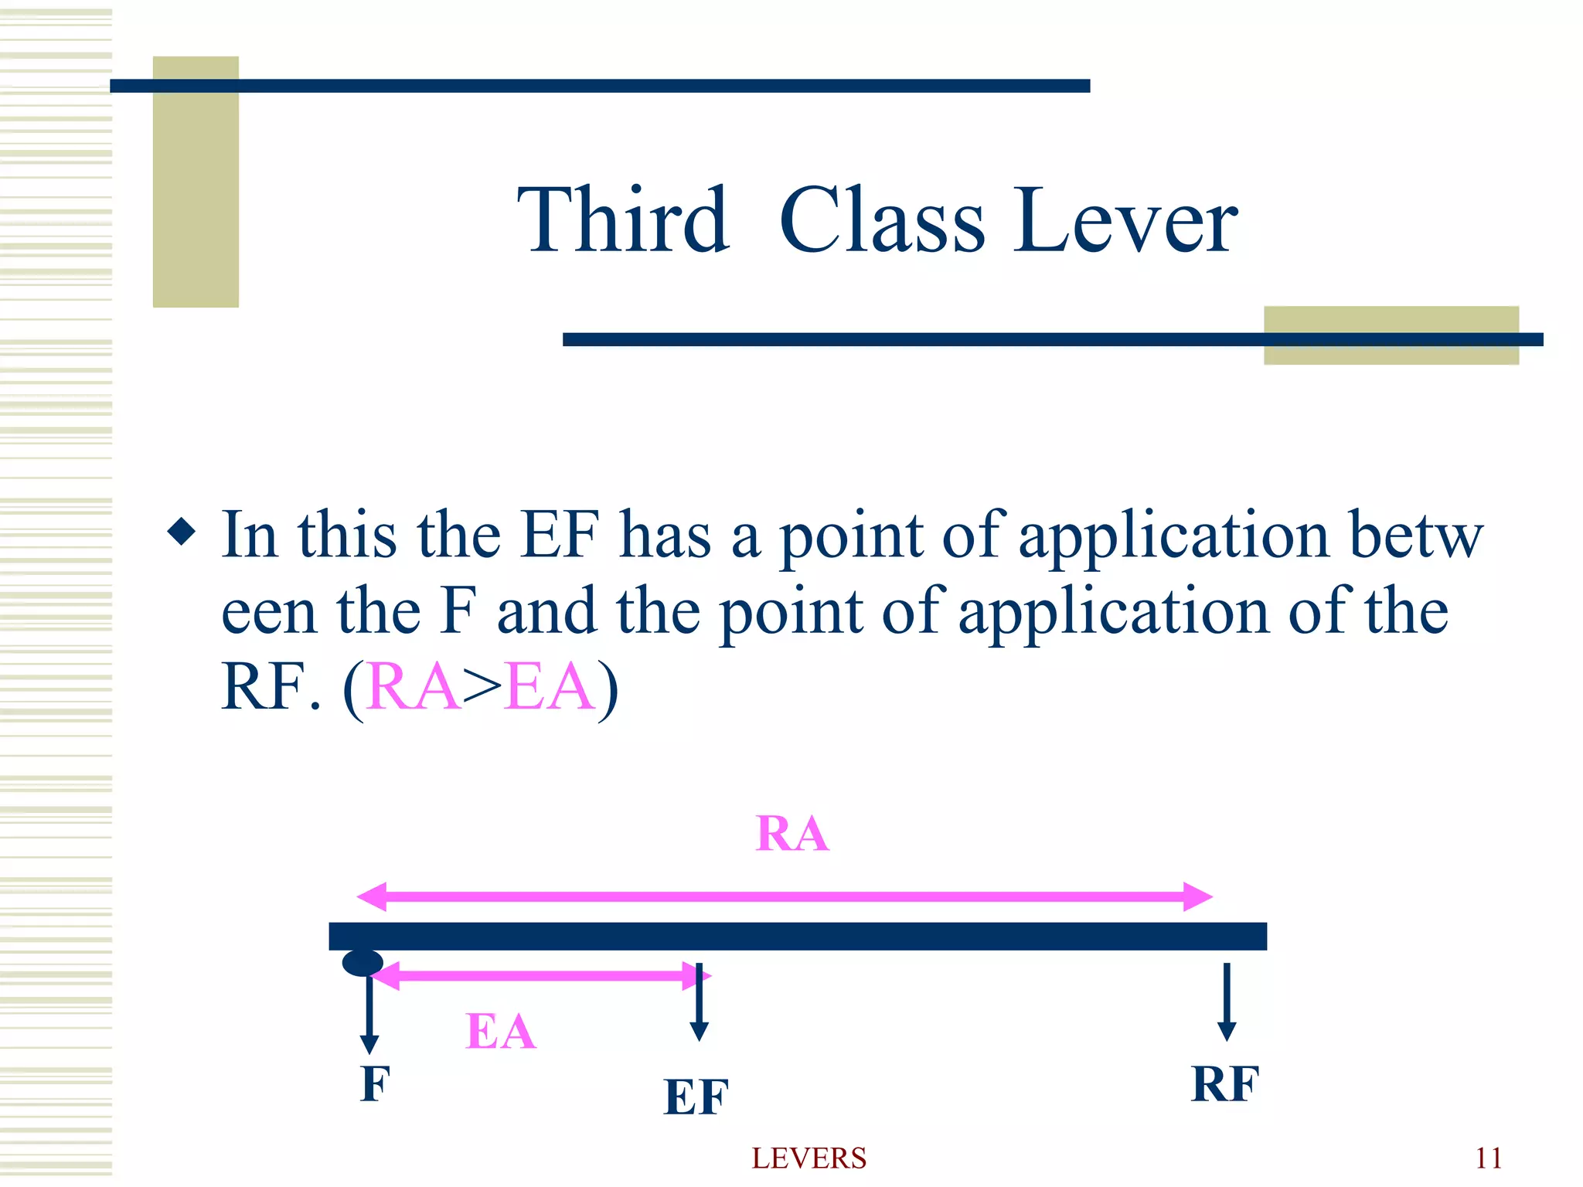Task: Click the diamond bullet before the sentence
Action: (182, 532)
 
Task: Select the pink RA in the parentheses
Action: (414, 686)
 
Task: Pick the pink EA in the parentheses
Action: (550, 686)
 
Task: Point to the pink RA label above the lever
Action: (792, 834)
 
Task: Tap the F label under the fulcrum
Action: (375, 1083)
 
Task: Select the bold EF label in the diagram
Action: (696, 1097)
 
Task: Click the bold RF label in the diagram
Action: (1225, 1083)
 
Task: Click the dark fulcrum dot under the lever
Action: (363, 963)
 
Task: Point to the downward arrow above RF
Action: (1227, 1001)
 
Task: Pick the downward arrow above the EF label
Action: (699, 1002)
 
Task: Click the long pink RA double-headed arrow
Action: (785, 896)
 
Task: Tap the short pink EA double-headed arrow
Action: (541, 976)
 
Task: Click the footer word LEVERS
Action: (809, 1158)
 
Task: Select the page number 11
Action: (1489, 1158)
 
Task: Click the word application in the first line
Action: (1173, 535)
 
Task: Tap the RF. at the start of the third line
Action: (271, 686)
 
